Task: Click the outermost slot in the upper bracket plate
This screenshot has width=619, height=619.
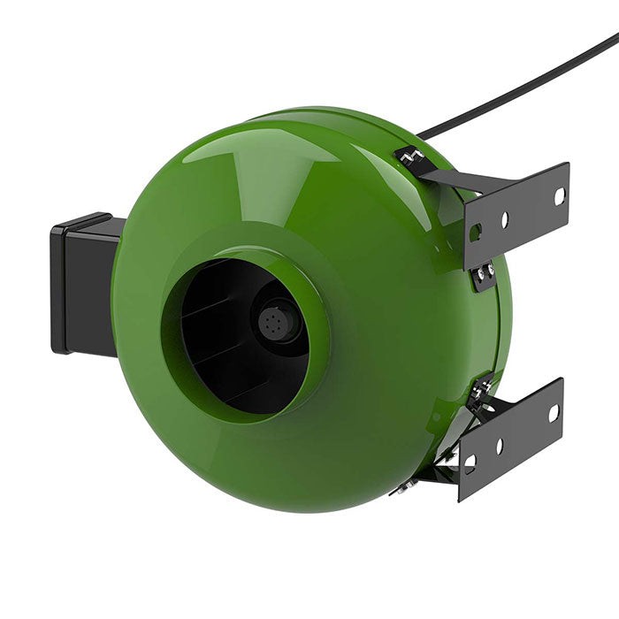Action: click(x=559, y=196)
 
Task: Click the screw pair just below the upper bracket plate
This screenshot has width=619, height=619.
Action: click(x=484, y=276)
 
